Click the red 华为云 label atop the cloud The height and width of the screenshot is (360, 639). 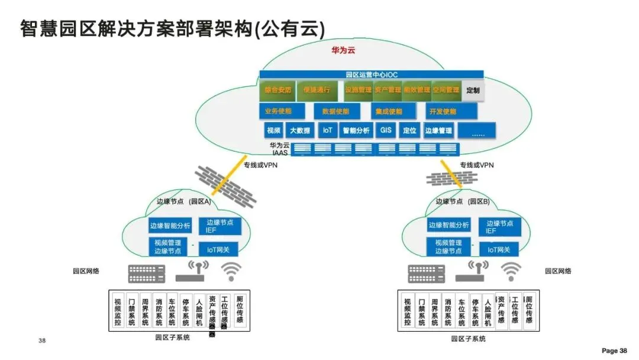[x=343, y=50]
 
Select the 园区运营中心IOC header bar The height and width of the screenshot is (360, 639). [x=371, y=75]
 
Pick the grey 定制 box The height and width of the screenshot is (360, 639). [x=473, y=90]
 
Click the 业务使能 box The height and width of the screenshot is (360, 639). [x=282, y=111]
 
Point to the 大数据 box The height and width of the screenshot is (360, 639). [x=299, y=130]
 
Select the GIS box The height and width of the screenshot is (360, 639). [x=385, y=130]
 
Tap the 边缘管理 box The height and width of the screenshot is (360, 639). [x=438, y=130]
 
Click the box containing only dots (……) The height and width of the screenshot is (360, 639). [x=477, y=131]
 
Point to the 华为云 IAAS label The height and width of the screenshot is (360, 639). [x=278, y=149]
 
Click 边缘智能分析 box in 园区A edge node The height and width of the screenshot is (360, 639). [x=170, y=226]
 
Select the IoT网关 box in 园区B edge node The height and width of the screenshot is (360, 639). [x=499, y=250]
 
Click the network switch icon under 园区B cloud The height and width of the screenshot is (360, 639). [x=426, y=274]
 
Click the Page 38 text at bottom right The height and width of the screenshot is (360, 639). [x=614, y=351]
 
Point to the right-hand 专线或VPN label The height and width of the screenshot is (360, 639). [x=476, y=165]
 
